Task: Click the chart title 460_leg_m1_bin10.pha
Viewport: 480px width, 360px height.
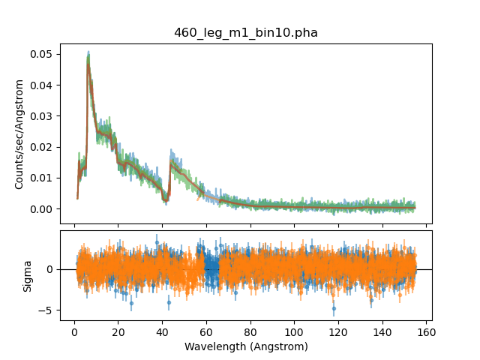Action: click(245, 32)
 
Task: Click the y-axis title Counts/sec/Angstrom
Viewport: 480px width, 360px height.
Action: click(20, 133)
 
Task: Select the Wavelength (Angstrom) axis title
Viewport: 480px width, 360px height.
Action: click(246, 347)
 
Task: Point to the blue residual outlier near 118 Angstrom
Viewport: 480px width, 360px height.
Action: click(334, 308)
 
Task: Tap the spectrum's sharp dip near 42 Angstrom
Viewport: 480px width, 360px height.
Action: click(167, 199)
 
